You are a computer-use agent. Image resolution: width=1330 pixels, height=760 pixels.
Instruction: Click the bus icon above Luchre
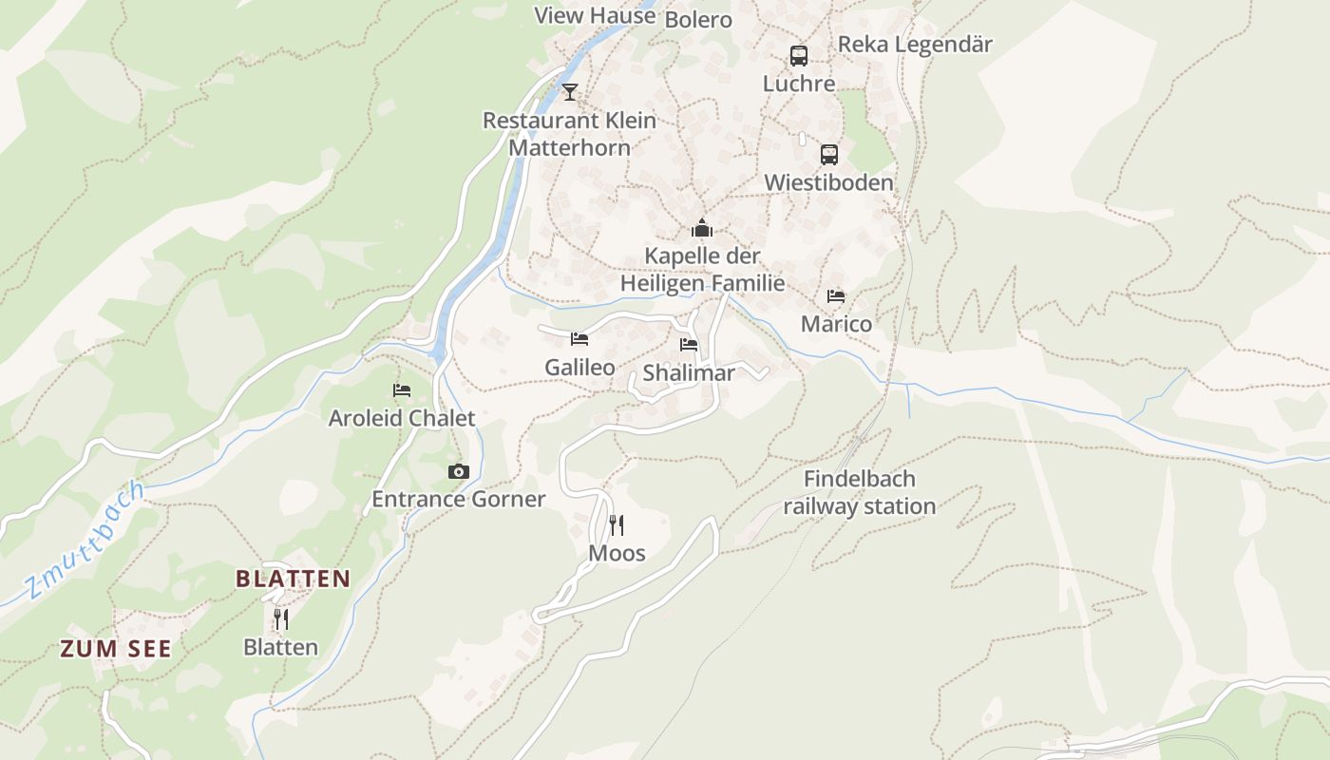pyautogui.click(x=799, y=56)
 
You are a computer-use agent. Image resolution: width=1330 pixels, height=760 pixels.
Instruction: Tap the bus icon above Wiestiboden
pyautogui.click(x=829, y=155)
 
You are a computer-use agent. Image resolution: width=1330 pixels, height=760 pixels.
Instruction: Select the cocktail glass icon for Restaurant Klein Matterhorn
pyautogui.click(x=570, y=92)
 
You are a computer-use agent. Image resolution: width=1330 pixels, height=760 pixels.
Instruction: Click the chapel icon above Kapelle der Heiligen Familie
pyautogui.click(x=702, y=229)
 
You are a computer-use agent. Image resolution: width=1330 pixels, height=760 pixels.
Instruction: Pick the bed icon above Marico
pyautogui.click(x=836, y=296)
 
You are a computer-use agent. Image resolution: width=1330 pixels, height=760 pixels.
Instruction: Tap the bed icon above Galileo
pyautogui.click(x=579, y=339)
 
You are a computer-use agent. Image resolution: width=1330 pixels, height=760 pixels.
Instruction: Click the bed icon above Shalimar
pyautogui.click(x=689, y=345)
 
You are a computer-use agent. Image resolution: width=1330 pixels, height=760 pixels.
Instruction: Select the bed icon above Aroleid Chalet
pyautogui.click(x=402, y=390)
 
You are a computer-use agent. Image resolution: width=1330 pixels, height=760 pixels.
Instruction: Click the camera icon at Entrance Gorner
pyautogui.click(x=459, y=472)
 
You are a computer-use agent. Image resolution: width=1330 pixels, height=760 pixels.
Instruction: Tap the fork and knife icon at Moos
pyautogui.click(x=617, y=525)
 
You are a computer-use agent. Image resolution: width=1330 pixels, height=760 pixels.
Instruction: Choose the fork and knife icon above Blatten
pyautogui.click(x=281, y=619)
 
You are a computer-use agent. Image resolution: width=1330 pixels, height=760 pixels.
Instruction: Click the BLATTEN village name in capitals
pyautogui.click(x=293, y=579)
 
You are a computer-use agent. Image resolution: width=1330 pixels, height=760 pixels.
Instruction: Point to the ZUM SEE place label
pyautogui.click(x=116, y=649)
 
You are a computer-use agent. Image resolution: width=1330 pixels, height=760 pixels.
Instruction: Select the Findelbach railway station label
pyautogui.click(x=860, y=493)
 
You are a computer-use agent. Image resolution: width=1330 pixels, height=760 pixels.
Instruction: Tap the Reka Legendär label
pyautogui.click(x=915, y=45)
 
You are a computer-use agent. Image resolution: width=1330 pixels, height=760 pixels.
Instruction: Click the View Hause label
pyautogui.click(x=595, y=15)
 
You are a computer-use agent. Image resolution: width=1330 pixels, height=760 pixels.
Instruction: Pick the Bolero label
pyautogui.click(x=698, y=20)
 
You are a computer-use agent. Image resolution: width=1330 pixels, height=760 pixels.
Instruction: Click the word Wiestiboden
pyautogui.click(x=829, y=182)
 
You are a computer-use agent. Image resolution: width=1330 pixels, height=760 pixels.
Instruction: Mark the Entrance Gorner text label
pyautogui.click(x=459, y=500)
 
